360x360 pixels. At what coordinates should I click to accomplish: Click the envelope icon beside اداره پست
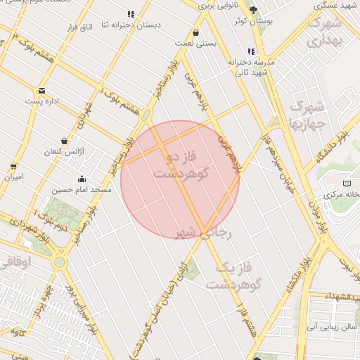[x=41, y=91]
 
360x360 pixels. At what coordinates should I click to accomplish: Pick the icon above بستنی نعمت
[x=195, y=32]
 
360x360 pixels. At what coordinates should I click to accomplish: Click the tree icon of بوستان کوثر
[x=254, y=10]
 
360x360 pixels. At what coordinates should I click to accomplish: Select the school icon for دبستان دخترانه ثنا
[x=131, y=14]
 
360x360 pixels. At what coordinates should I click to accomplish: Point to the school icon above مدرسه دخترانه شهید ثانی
[x=251, y=51]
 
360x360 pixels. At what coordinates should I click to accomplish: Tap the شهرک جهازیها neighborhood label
[x=307, y=116]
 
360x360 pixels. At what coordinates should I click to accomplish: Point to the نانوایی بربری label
[x=219, y=6]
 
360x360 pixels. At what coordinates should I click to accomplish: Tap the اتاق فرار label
[x=79, y=27]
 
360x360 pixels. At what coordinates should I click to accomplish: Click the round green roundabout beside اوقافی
[x=59, y=262]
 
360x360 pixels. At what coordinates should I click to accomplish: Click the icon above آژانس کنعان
[x=64, y=141]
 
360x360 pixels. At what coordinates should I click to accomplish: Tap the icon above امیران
[x=13, y=167]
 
